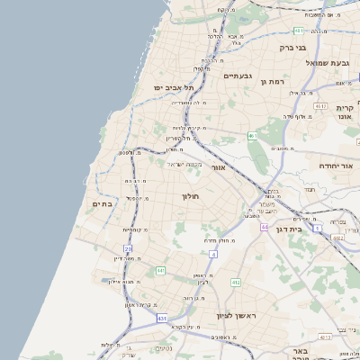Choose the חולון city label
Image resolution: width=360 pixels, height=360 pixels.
tap(190, 195)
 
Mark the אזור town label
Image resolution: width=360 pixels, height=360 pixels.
tap(218, 167)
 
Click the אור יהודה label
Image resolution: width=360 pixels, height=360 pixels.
tap(321, 166)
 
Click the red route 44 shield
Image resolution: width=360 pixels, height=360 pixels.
tap(265, 227)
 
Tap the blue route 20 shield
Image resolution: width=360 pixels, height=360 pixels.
tap(129, 247)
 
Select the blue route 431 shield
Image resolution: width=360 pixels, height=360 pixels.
tap(162, 318)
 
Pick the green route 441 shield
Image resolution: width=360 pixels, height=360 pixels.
tap(160, 270)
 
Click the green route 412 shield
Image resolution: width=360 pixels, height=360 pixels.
tap(236, 282)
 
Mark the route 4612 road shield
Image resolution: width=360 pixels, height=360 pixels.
tap(337, 238)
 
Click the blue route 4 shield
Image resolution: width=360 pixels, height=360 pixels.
tap(213, 255)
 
